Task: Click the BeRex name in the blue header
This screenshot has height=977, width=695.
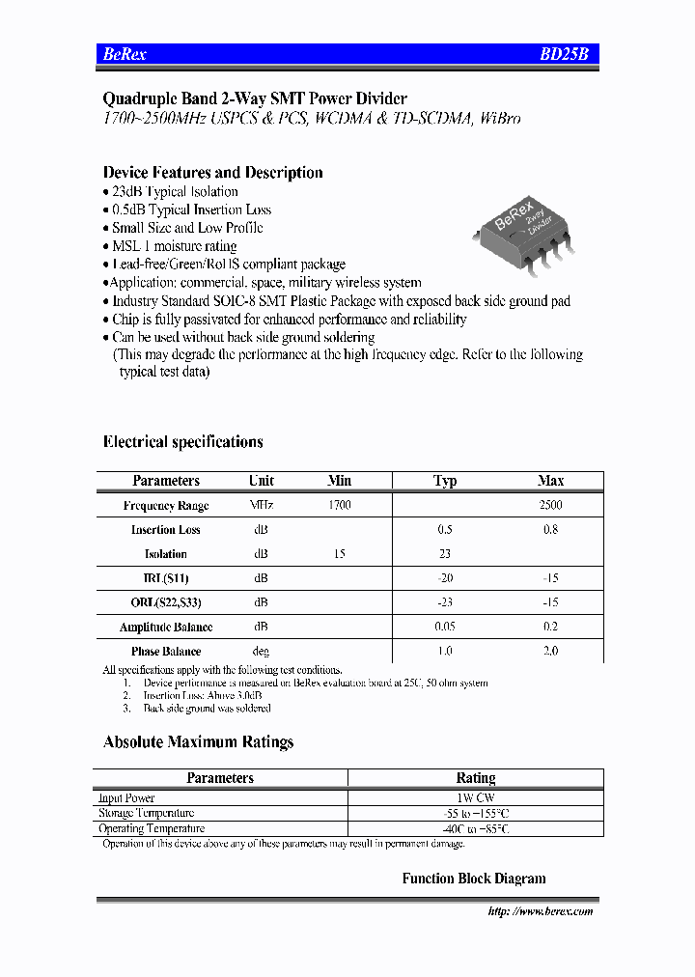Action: pos(125,55)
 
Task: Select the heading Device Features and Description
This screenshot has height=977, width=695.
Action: pos(212,173)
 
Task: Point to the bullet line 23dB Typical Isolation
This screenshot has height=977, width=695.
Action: pos(174,192)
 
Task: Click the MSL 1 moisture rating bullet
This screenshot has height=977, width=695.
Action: pos(174,246)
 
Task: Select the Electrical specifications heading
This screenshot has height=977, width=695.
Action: pos(182,442)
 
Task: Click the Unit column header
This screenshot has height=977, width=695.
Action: pos(261,481)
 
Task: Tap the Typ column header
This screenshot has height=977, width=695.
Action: pos(445,481)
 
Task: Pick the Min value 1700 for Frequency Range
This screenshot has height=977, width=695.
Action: pos(339,505)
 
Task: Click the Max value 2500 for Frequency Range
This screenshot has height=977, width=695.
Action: pos(550,505)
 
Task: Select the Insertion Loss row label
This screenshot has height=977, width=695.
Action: pos(166,530)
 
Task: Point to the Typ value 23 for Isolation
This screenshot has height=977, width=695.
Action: pos(445,554)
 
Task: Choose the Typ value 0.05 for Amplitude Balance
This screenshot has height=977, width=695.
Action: pos(445,627)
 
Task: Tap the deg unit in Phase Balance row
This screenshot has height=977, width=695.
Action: pos(261,652)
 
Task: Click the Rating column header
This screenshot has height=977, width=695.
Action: pos(475,778)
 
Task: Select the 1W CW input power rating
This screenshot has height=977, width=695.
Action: pos(475,798)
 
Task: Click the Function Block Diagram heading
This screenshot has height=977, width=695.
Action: pos(474,879)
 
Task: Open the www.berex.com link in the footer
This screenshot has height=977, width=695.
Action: pos(541,911)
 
